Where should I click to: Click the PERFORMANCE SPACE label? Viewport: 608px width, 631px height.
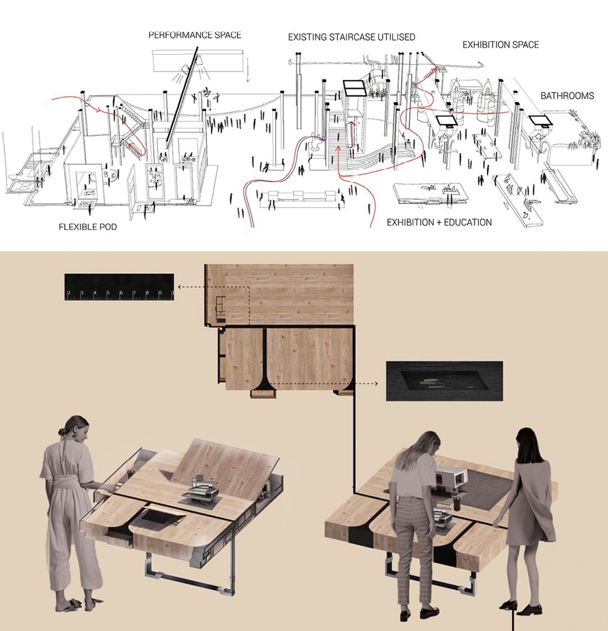[195, 35]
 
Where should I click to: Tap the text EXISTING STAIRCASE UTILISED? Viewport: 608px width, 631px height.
[351, 37]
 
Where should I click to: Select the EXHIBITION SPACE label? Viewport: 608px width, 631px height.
[500, 45]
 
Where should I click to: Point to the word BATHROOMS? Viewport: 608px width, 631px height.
[567, 96]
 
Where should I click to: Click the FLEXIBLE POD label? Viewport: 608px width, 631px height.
[88, 227]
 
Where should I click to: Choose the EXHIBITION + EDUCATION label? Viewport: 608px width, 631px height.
[439, 222]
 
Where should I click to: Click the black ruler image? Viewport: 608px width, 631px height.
[119, 287]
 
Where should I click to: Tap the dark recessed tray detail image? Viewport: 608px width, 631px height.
[444, 381]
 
